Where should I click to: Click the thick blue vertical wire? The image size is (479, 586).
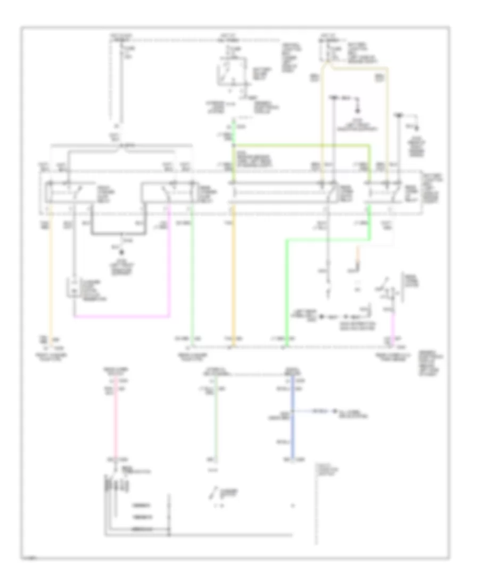point(292,426)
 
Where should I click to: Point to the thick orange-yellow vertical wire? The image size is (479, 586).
point(233,277)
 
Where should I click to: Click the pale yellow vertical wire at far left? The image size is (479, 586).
point(51,277)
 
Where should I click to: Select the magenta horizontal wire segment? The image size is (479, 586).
point(122,316)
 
